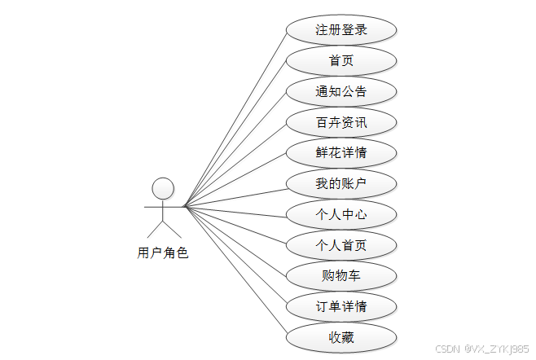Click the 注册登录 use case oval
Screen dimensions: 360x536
tap(341, 31)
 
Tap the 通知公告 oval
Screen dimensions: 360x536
tap(341, 92)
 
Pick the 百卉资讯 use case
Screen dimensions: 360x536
tap(341, 123)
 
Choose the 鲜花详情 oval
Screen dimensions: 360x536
tap(341, 153)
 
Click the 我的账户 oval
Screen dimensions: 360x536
tap(341, 184)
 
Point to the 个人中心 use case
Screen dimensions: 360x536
tap(341, 215)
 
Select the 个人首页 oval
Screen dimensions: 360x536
tap(341, 245)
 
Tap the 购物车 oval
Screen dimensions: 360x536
tap(341, 276)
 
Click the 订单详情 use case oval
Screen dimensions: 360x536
tap(341, 306)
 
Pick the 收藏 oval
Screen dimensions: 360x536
tap(341, 337)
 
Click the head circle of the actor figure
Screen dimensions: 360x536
tap(163, 188)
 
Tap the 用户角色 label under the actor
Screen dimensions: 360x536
tap(163, 253)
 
